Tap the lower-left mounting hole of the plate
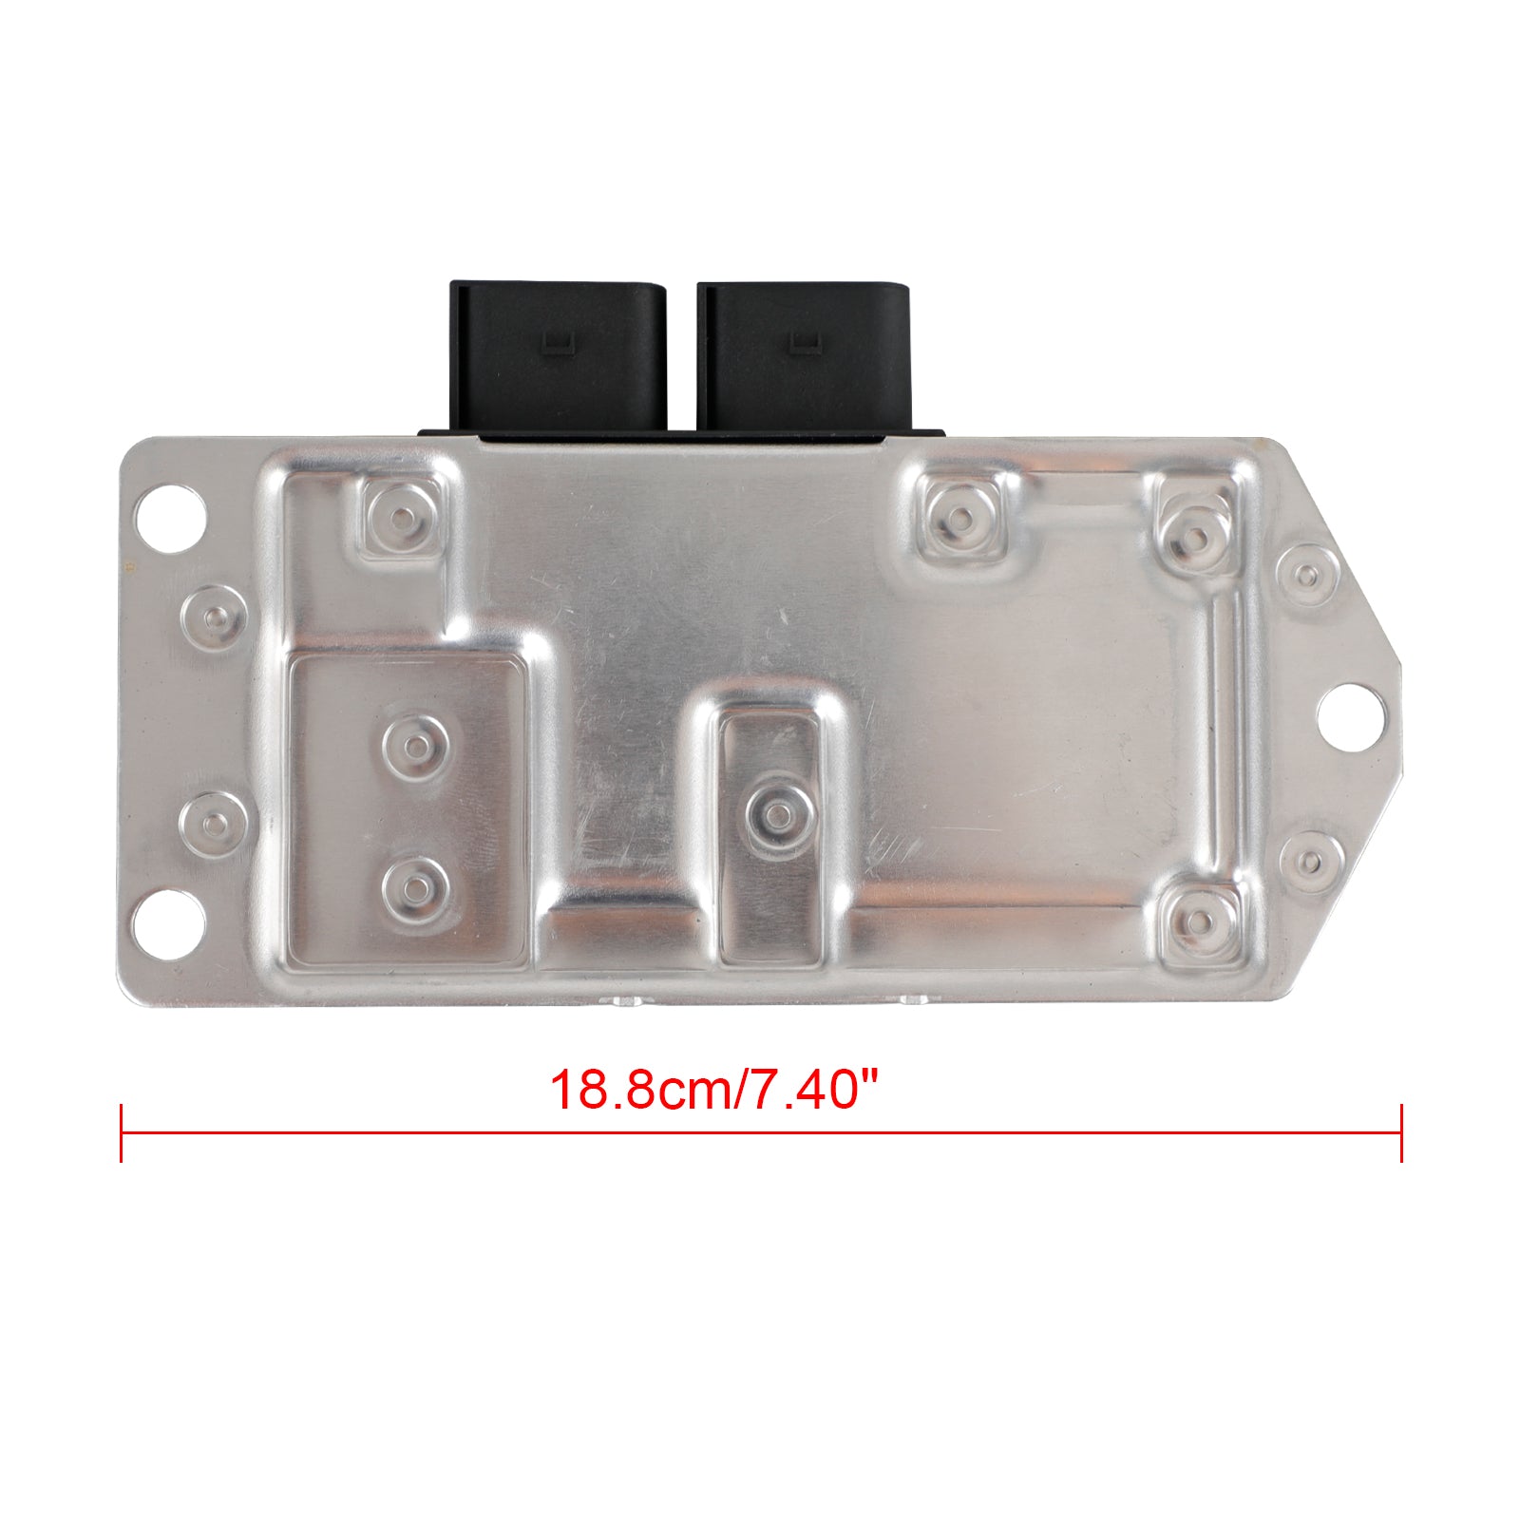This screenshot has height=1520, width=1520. tap(171, 921)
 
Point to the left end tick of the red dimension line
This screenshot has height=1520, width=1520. tap(122, 1132)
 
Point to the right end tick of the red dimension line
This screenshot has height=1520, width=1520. tap(1401, 1132)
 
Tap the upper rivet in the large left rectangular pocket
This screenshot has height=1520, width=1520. tap(415, 744)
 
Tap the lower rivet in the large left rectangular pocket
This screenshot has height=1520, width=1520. tap(415, 885)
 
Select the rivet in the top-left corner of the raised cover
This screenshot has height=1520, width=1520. tap(403, 519)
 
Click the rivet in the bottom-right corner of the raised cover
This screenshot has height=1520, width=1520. tap(1201, 921)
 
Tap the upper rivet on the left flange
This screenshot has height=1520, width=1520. tap(213, 616)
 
